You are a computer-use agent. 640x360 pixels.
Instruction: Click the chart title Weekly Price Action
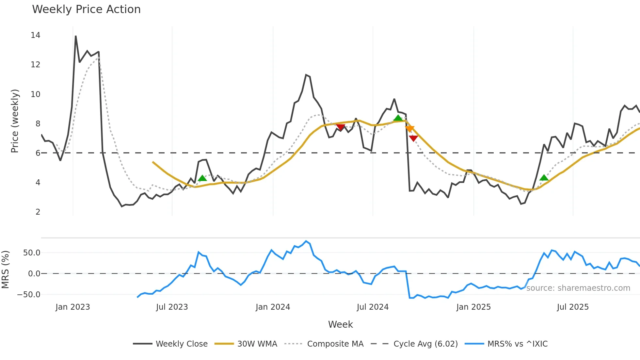coord(86,9)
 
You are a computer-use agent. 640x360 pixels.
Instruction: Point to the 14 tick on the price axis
coord(35,35)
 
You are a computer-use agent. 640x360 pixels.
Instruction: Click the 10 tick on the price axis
coord(35,94)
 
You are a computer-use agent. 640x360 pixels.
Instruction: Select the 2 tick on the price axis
coord(38,212)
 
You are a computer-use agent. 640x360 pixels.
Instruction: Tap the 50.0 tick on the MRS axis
coord(32,253)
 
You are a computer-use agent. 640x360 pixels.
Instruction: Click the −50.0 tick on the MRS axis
coord(29,295)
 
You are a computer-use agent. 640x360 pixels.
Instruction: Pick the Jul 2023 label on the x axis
coord(172,307)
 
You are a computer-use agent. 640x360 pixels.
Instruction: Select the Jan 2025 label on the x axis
coord(473,307)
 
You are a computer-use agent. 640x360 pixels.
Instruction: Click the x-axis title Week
coord(340,324)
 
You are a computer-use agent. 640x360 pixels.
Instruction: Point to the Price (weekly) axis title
coord(15,121)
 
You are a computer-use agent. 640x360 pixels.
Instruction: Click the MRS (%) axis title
coord(5,270)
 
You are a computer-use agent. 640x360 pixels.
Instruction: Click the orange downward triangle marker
coord(410,129)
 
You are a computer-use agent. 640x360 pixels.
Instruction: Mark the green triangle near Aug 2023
coord(202,178)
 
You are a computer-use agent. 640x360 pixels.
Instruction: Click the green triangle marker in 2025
coord(544,178)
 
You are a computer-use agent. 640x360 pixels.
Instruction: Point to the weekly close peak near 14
coord(76,36)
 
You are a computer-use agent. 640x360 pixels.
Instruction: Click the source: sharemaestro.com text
coord(578,288)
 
